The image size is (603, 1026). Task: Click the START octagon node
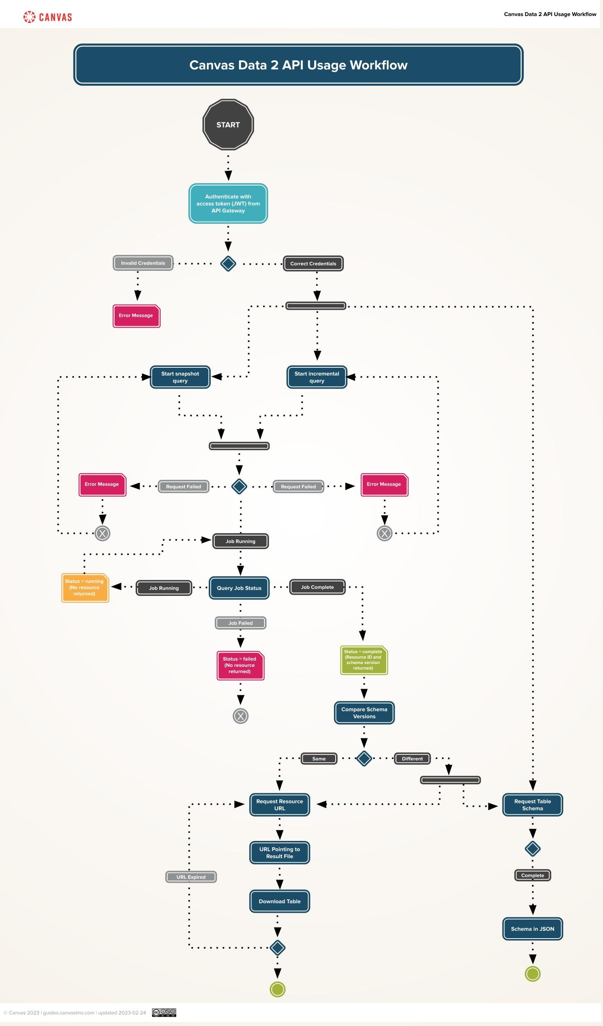click(x=228, y=125)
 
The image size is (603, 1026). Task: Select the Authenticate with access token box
click(x=228, y=204)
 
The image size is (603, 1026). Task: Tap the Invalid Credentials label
click(x=143, y=263)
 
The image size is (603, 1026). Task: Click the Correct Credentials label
click(x=313, y=263)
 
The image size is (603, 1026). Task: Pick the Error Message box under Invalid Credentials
click(x=136, y=316)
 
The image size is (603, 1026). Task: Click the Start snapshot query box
click(x=180, y=377)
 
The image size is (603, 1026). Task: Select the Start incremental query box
click(x=317, y=377)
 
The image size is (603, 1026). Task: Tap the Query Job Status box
click(x=239, y=588)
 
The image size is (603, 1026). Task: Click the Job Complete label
click(x=317, y=587)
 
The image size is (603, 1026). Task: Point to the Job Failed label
click(x=240, y=623)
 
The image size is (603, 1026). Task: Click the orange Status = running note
click(x=85, y=588)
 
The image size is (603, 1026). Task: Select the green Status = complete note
click(x=364, y=660)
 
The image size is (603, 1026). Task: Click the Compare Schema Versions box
click(x=364, y=713)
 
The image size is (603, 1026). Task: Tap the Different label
click(x=412, y=759)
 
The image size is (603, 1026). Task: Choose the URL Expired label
click(x=191, y=877)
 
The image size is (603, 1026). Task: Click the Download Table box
click(x=279, y=901)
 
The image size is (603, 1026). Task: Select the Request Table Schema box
click(x=532, y=805)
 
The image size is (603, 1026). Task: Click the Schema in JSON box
click(x=532, y=929)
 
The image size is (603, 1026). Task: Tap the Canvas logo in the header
click(x=48, y=17)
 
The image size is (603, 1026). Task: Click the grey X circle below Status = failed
click(x=240, y=716)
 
